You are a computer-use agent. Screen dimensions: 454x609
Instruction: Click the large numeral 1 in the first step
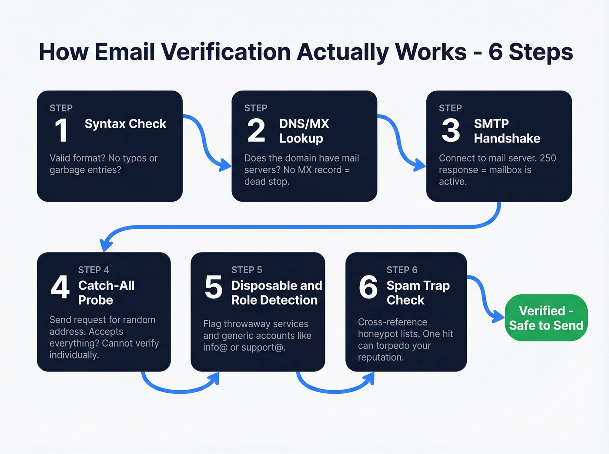[x=61, y=130]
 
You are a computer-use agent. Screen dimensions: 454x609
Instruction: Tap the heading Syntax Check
[x=125, y=124]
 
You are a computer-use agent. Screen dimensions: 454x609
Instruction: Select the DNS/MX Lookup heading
[x=304, y=131]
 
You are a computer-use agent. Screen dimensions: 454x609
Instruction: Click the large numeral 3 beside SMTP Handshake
[x=451, y=130]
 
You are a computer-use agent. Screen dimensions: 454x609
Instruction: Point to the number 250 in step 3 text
[x=548, y=158]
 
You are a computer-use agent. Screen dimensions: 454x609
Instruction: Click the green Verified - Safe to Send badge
[x=546, y=318]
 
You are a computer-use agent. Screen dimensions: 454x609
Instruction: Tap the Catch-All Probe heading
[x=106, y=292]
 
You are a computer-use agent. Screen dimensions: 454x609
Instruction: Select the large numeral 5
[x=213, y=287]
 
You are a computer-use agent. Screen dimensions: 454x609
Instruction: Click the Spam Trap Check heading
[x=418, y=292]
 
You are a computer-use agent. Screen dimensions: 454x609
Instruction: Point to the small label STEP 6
[x=402, y=270]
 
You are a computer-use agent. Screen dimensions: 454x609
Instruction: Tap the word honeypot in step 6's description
[x=376, y=334]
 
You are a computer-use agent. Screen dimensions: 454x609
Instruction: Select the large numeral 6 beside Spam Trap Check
[x=368, y=287]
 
